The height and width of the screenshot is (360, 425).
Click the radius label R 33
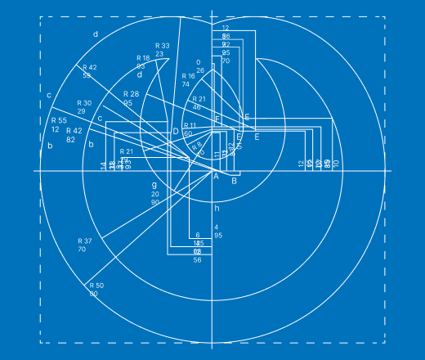[162, 46]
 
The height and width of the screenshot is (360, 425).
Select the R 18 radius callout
[143, 58]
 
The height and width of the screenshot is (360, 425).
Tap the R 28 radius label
[131, 95]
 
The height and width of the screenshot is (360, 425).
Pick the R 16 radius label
[188, 75]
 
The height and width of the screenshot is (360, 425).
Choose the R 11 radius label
[190, 126]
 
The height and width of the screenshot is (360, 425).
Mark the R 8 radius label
[196, 146]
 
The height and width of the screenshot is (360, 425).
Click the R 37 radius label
[85, 241]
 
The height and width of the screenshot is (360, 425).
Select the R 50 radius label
[95, 286]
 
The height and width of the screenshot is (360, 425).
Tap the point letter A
[216, 176]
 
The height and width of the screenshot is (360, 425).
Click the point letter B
[235, 181]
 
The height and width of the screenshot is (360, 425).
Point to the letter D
[175, 131]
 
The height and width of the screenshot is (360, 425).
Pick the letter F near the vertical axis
[217, 120]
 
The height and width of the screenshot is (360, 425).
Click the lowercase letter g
[154, 185]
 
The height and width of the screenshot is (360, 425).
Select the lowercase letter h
[217, 208]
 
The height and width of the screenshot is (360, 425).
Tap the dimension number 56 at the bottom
[197, 260]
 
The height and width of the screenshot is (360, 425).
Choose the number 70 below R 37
[82, 249]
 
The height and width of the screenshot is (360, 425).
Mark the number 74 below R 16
[186, 83]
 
